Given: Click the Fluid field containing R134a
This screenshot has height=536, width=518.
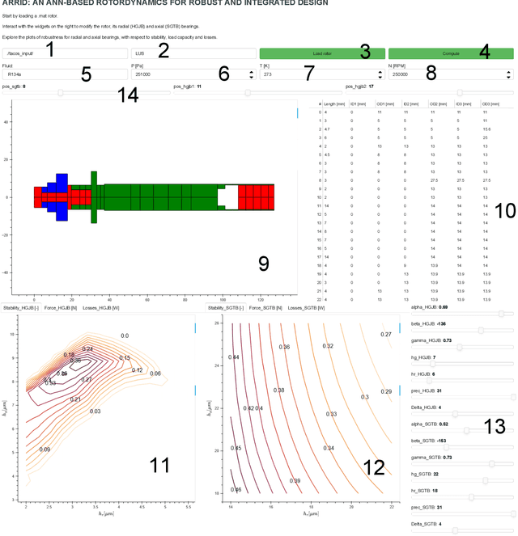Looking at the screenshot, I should tap(65, 74).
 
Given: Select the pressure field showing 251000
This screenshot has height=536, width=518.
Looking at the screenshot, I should tap(190, 74).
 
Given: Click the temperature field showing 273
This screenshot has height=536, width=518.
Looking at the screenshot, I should tap(320, 74).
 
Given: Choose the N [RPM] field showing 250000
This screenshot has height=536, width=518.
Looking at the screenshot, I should tap(449, 74).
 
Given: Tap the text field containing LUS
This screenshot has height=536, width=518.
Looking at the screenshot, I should tap(190, 53).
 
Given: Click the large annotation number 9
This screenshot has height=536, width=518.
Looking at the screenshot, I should tap(263, 263).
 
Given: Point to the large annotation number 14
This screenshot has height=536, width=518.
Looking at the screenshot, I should tap(128, 95).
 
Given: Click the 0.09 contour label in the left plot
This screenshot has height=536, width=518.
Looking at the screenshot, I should tap(45, 449).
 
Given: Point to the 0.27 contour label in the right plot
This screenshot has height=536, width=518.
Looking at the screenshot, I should tap(386, 334).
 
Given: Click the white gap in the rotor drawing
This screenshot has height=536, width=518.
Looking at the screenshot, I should tap(230, 196).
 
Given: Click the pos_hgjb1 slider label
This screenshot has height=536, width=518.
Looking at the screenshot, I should tap(187, 85).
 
